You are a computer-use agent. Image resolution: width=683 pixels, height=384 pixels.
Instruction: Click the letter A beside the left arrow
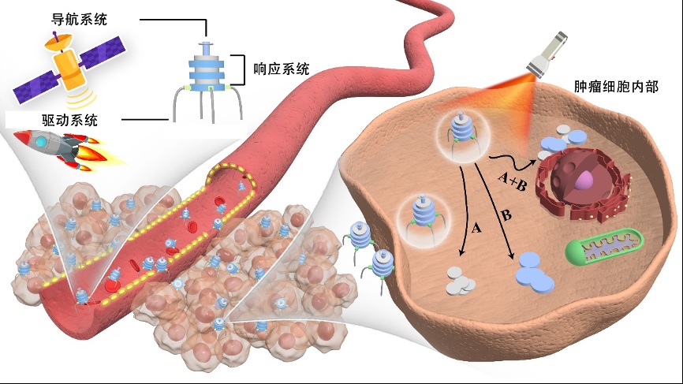click(476, 229)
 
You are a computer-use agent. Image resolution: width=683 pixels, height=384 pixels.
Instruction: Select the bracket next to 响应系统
click(233, 69)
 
